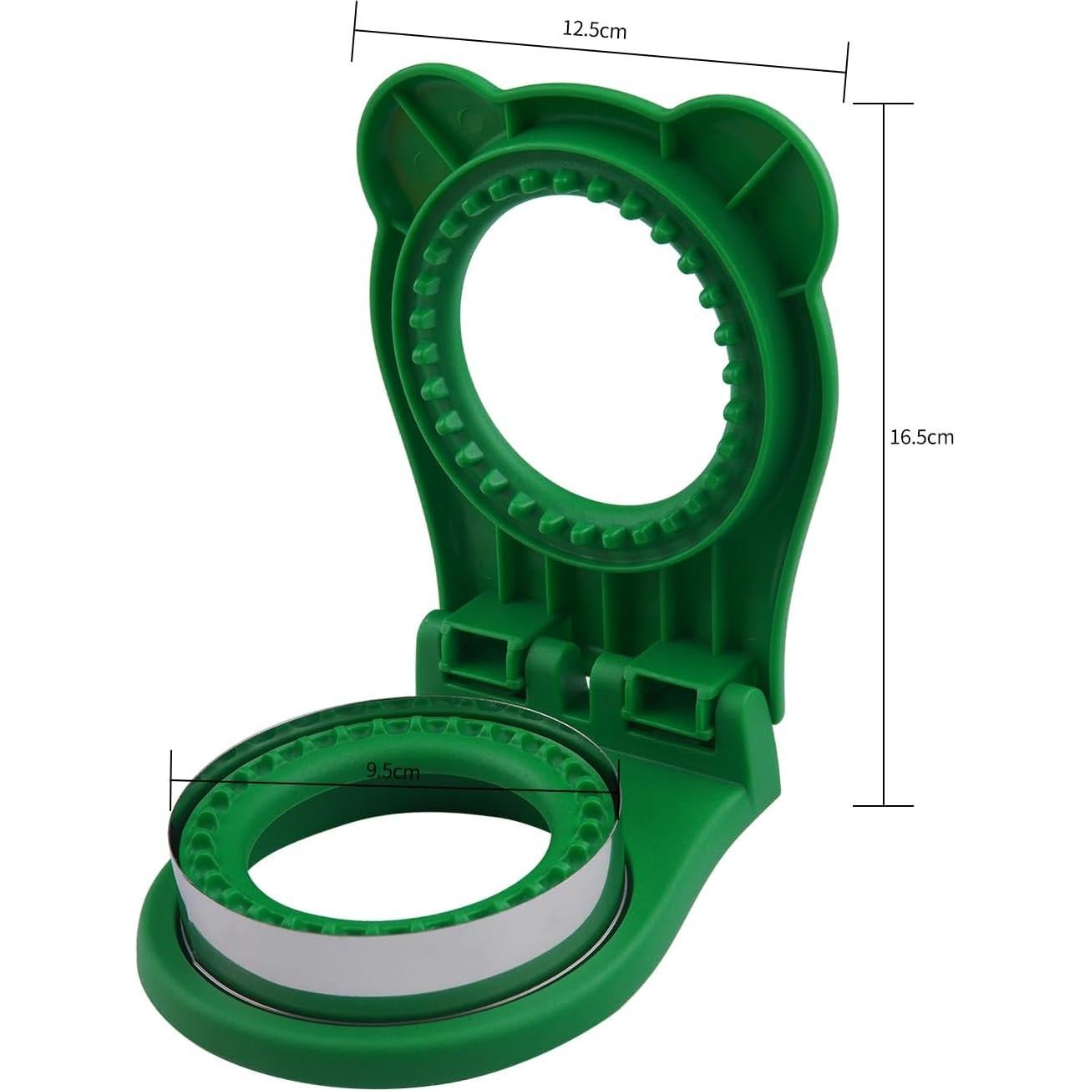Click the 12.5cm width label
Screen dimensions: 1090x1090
[594, 31]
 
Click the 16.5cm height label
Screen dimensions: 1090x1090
[921, 437]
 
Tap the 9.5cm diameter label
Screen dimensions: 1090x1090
[393, 771]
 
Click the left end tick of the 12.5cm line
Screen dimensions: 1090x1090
[354, 32]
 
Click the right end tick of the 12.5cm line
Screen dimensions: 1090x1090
[847, 72]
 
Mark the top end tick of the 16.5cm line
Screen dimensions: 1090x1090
[883, 104]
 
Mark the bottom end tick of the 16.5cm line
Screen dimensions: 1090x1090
[883, 805]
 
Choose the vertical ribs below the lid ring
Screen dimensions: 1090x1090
[601, 585]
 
